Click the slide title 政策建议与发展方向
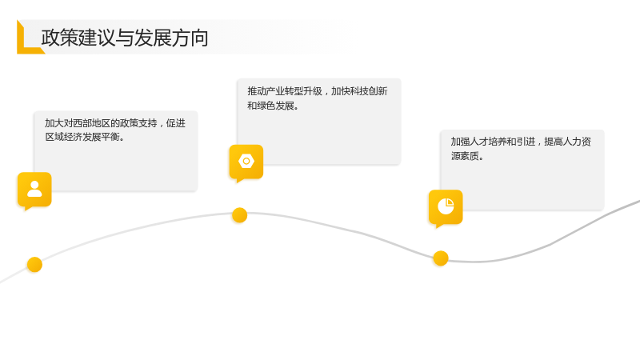pos(125,38)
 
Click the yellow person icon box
pos(34,190)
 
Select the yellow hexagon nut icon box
pos(246,162)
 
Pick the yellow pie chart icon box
pos(446,207)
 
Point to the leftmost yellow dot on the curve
pos(34,265)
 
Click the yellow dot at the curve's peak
pos(239,215)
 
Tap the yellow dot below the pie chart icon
pos(441,258)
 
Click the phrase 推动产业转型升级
pos(285,91)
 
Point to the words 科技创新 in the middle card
pos(369,91)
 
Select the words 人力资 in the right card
pos(577,142)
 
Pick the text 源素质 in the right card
pos(465,156)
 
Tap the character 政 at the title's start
pos(50,38)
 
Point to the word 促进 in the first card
pos(176,123)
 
